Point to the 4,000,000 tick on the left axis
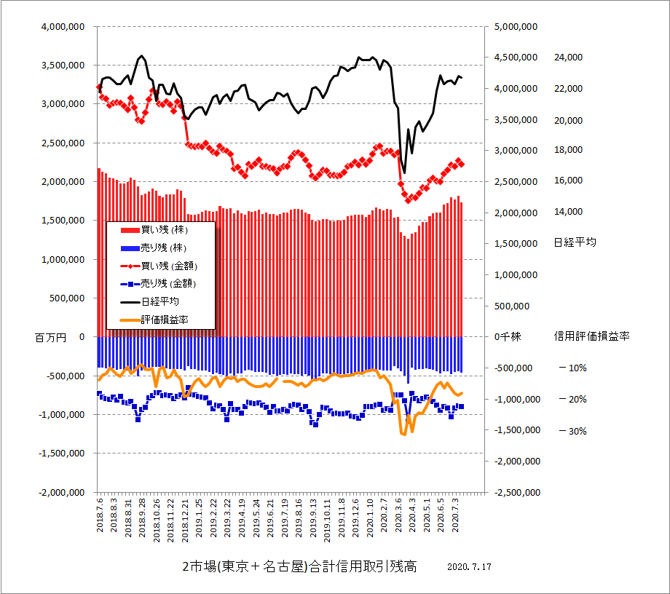pyautogui.click(x=61, y=26)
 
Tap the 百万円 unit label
pyautogui.click(x=50, y=337)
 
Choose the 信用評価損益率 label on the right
pyautogui.click(x=591, y=336)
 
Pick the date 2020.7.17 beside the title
pyautogui.click(x=470, y=567)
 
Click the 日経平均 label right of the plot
pyautogui.click(x=575, y=242)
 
